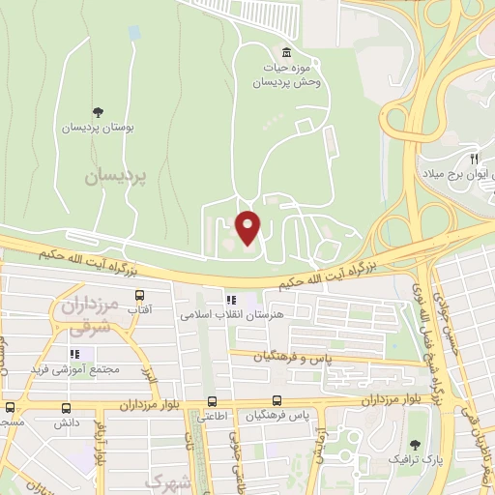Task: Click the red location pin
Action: pyautogui.click(x=248, y=227)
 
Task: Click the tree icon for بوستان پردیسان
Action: pyautogui.click(x=97, y=112)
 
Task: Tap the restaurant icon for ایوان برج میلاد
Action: pyautogui.click(x=473, y=158)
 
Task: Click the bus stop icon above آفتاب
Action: pyautogui.click(x=140, y=296)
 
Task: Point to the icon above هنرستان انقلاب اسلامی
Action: pyautogui.click(x=231, y=300)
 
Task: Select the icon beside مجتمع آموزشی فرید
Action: pyautogui.click(x=74, y=354)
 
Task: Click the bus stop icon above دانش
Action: pyautogui.click(x=11, y=407)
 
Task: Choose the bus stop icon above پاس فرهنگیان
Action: pyautogui.click(x=277, y=400)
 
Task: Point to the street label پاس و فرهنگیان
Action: pyautogui.click(x=293, y=358)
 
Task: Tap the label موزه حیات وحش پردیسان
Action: pyautogui.click(x=285, y=75)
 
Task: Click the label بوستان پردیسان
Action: pyautogui.click(x=98, y=128)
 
